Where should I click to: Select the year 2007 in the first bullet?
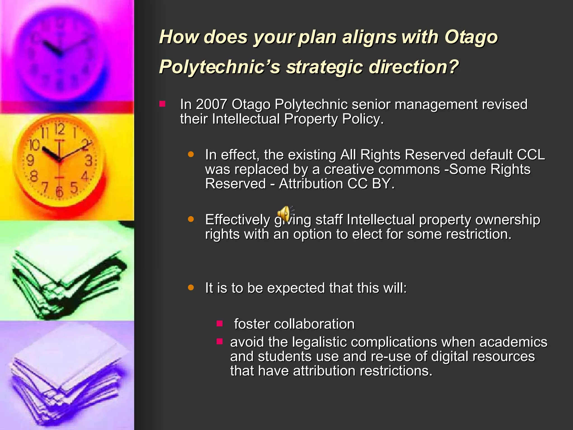pyautogui.click(x=211, y=104)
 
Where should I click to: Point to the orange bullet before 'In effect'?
pyautogui.click(x=191, y=154)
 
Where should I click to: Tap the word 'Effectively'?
pyautogui.click(x=238, y=220)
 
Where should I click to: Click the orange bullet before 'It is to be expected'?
pyautogui.click(x=191, y=288)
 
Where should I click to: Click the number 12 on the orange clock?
pyautogui.click(x=60, y=129)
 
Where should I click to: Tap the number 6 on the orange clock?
pyautogui.click(x=59, y=192)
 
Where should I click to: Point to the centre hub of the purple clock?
pyautogui.click(x=60, y=53)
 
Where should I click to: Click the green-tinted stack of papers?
pyautogui.click(x=67, y=283)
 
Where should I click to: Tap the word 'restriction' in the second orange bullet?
pyautogui.click(x=478, y=234)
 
